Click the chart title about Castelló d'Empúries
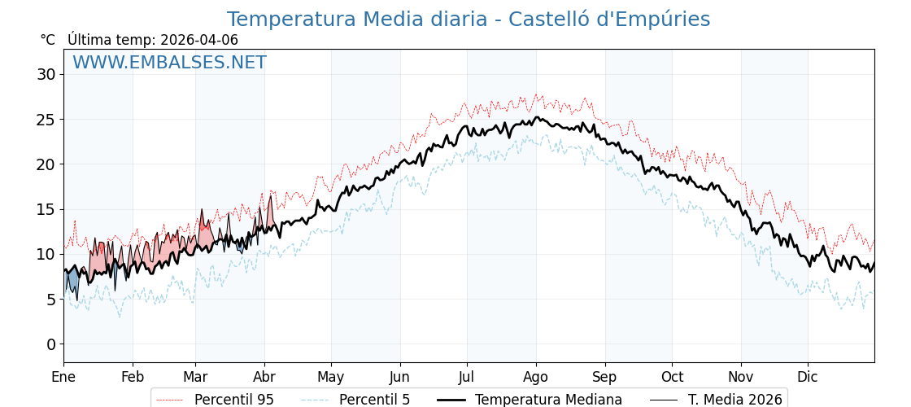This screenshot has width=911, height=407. (468, 20)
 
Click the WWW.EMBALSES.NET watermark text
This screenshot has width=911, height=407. (169, 63)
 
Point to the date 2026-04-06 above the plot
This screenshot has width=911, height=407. (199, 40)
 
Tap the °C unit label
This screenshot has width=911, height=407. (48, 40)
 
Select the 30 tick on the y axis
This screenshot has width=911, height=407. (46, 74)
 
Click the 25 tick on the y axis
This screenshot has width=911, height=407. (46, 119)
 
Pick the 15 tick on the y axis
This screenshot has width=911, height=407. (46, 209)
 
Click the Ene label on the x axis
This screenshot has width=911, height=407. (63, 377)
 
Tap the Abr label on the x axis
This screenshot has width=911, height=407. (264, 377)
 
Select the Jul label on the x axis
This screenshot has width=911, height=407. (467, 377)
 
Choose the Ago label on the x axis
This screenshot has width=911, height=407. (536, 377)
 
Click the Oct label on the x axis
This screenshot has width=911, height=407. (672, 377)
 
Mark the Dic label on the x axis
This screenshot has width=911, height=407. (808, 377)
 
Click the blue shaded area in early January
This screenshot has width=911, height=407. (72, 282)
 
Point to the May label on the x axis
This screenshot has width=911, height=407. (331, 377)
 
